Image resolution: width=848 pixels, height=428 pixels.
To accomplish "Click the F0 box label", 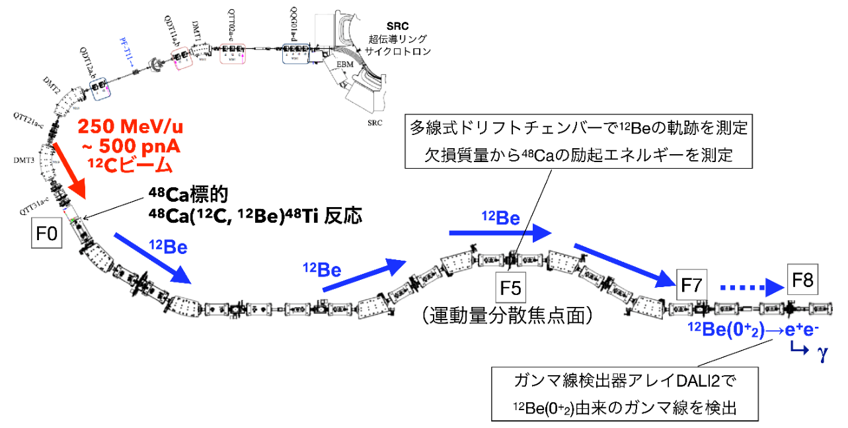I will pyautogui.click(x=47, y=234).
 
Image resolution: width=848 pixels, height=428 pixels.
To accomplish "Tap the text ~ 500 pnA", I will pyautogui.click(x=122, y=145).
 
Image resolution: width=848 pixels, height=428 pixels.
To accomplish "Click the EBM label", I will pyautogui.click(x=344, y=65).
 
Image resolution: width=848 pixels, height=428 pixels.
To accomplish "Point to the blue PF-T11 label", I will pyautogui.click(x=125, y=51).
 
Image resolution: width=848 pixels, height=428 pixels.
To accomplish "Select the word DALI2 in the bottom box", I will pyautogui.click(x=674, y=381).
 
